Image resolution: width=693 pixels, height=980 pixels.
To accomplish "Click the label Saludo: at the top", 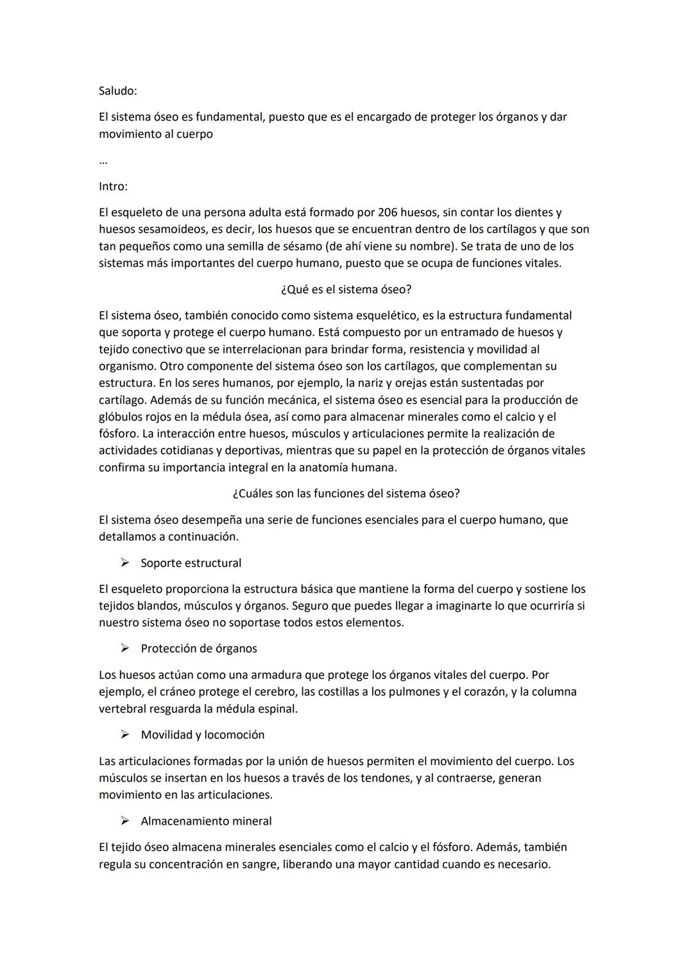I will click(117, 91).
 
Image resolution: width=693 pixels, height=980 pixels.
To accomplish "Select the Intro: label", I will click(113, 187).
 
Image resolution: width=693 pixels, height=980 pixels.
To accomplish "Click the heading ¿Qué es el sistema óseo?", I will click(346, 289).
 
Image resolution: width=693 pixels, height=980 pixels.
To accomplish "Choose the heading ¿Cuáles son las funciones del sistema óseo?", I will click(346, 494).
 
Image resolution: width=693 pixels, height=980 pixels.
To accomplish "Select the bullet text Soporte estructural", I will click(191, 563).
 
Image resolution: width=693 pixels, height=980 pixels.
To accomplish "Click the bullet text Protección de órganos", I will click(199, 649).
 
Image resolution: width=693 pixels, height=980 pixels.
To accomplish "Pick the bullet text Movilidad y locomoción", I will click(203, 735).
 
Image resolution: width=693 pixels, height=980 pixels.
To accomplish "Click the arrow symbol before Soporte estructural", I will click(124, 563).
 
